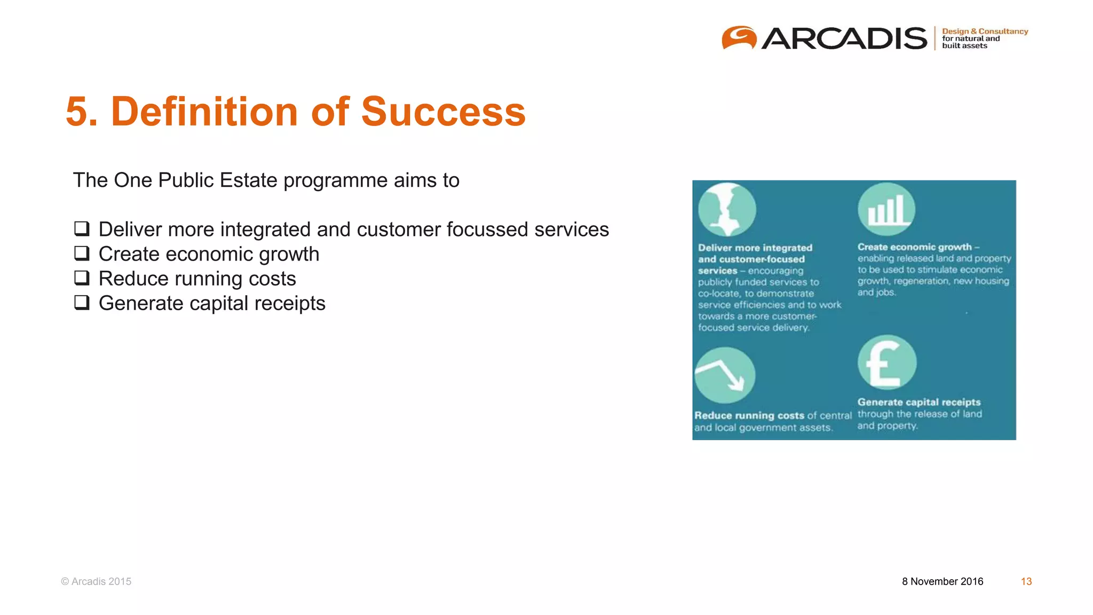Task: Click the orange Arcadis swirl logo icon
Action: (x=739, y=38)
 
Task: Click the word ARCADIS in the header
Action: (x=844, y=38)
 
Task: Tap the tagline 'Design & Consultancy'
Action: (x=985, y=31)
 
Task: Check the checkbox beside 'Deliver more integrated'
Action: (x=82, y=229)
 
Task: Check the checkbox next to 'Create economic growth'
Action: (x=82, y=254)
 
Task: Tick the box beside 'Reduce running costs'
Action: (x=82, y=278)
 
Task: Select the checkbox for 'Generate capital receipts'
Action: (x=82, y=303)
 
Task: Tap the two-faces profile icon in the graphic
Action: (x=727, y=210)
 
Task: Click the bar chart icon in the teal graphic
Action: (x=886, y=209)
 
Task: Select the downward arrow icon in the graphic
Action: (x=725, y=375)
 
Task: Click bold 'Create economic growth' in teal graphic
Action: (x=914, y=247)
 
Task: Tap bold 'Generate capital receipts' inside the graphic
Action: (x=918, y=402)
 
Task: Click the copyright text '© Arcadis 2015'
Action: (x=96, y=581)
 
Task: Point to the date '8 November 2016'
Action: (x=942, y=581)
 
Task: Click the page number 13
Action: (x=1026, y=581)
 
